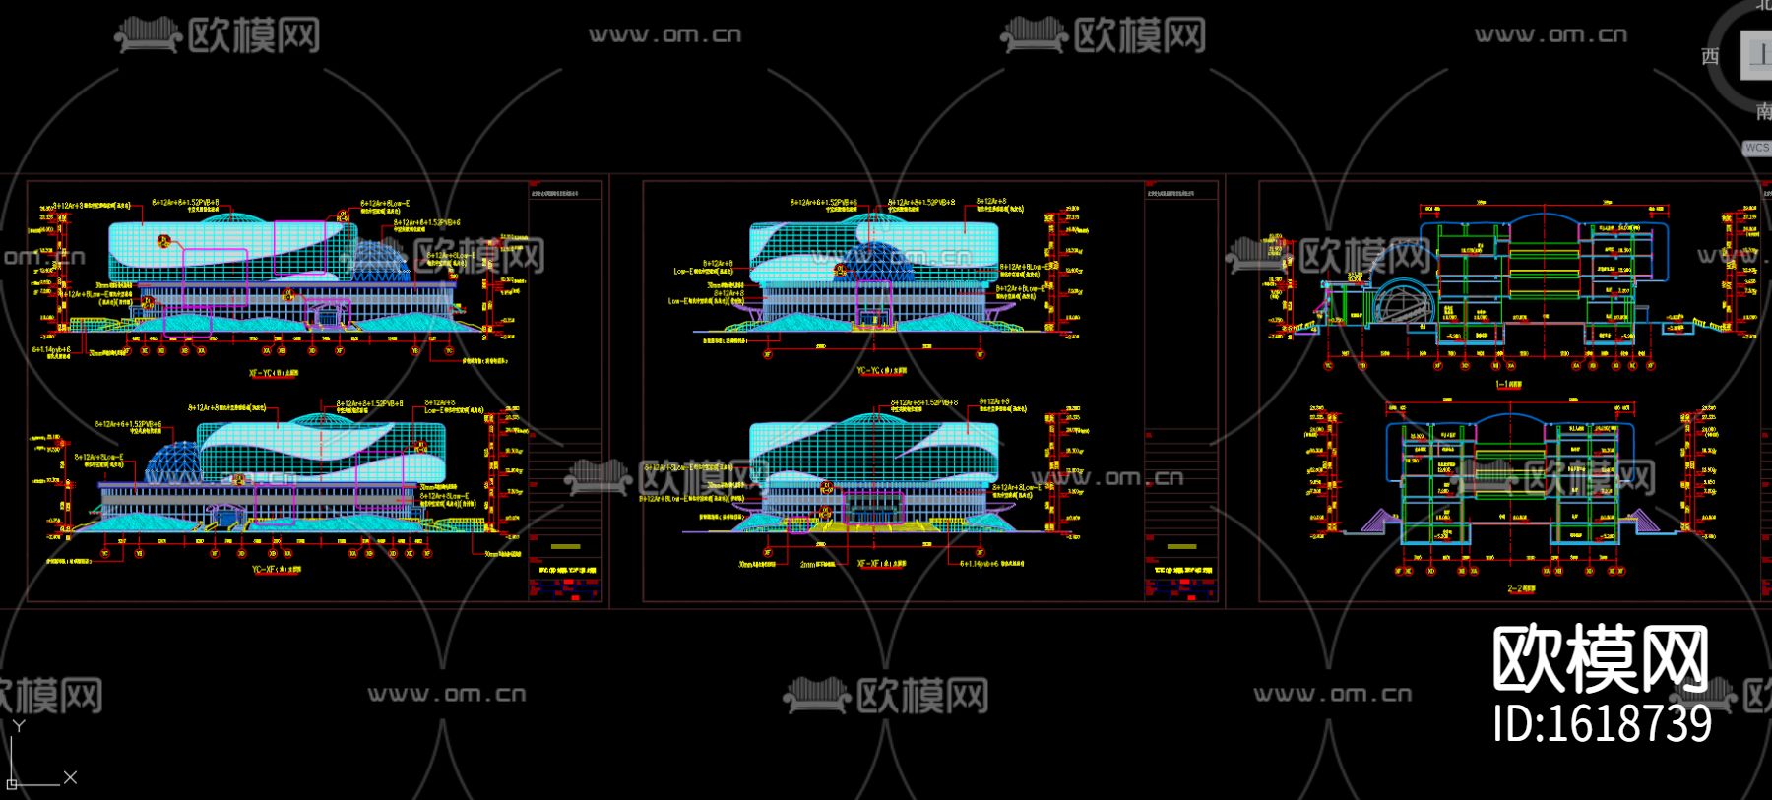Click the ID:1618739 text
click(1602, 724)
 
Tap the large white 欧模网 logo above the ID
click(1600, 659)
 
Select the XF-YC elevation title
click(274, 374)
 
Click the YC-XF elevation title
click(277, 569)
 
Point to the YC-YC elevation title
click(881, 371)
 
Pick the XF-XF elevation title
click(881, 564)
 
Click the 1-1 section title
click(1508, 385)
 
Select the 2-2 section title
click(1520, 588)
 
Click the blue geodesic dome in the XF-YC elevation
click(379, 259)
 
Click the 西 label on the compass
click(1710, 57)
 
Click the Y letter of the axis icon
click(19, 726)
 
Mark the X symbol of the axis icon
click(70, 777)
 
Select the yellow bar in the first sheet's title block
click(565, 546)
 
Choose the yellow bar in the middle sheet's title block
click(1181, 546)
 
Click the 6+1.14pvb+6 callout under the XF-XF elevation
click(992, 564)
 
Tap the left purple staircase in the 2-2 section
click(1378, 521)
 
